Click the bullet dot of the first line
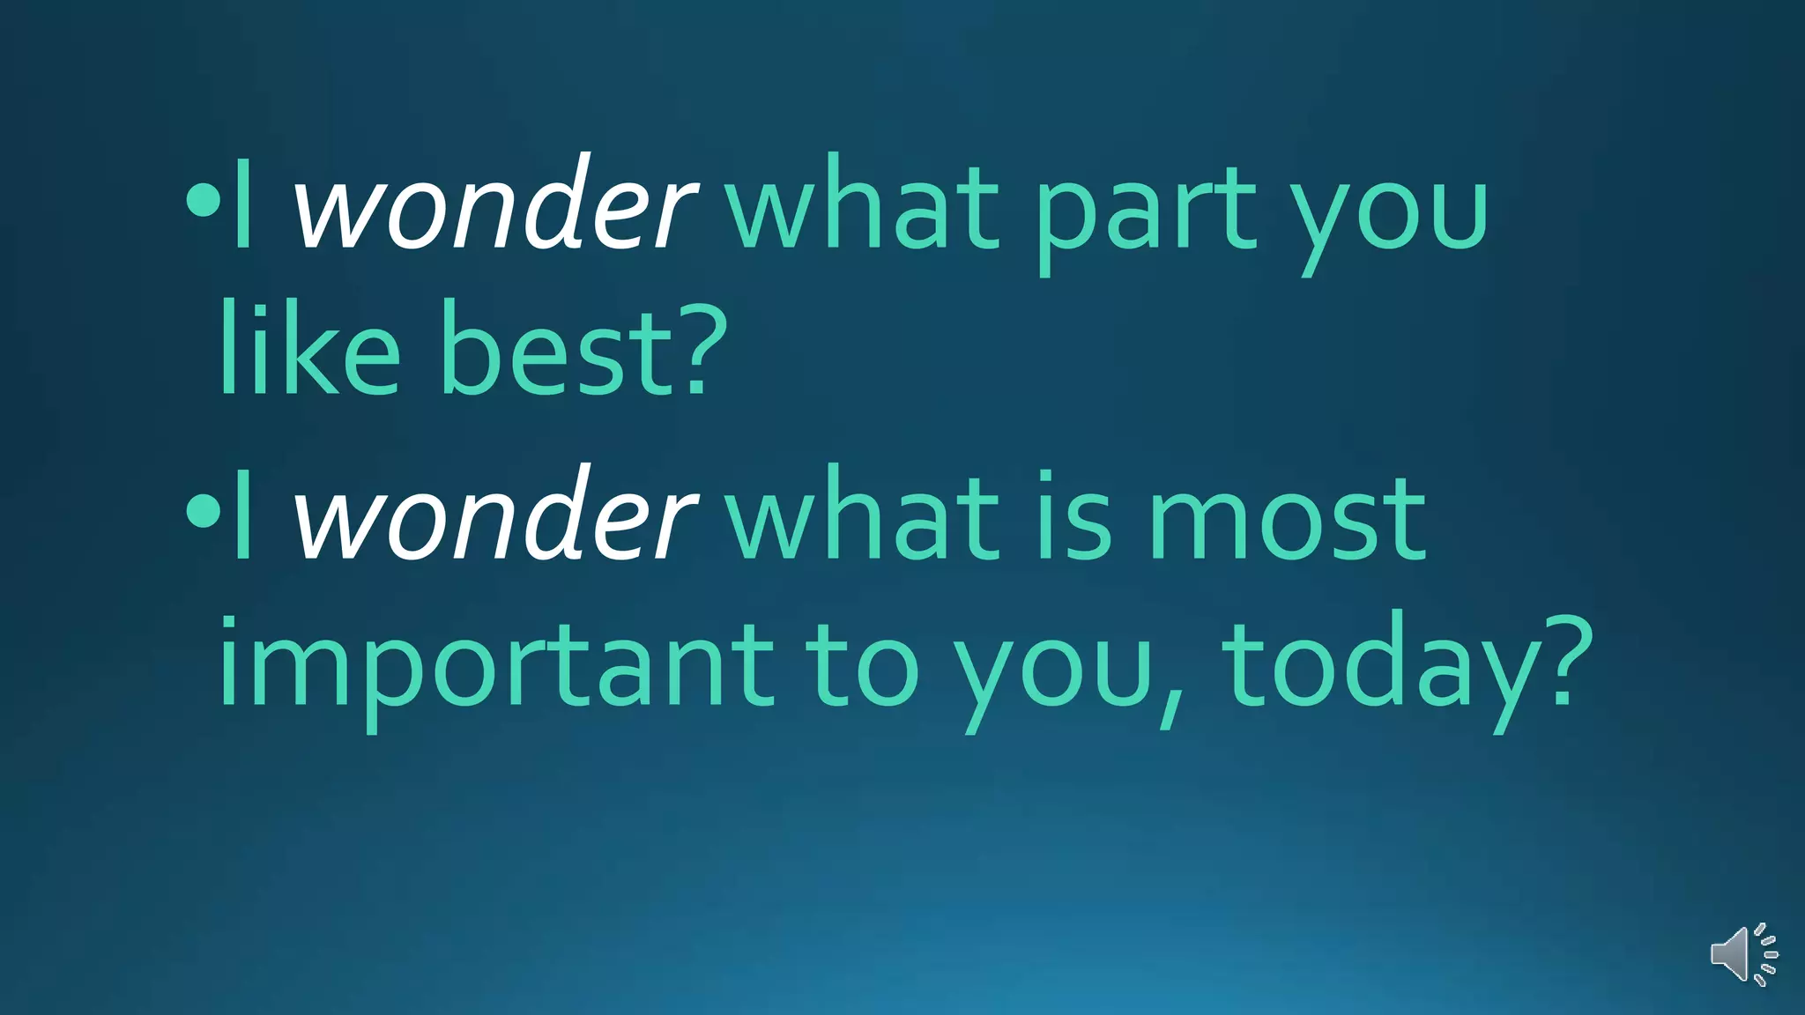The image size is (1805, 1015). point(203,200)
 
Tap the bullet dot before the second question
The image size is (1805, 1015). point(203,511)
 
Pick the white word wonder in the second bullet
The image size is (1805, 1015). point(494,515)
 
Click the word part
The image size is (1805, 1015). point(1146,211)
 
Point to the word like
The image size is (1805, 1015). point(308,348)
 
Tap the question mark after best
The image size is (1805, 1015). point(696,348)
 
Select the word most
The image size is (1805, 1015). point(1287,520)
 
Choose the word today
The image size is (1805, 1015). point(1375,665)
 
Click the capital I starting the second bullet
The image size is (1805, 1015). point(243,515)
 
